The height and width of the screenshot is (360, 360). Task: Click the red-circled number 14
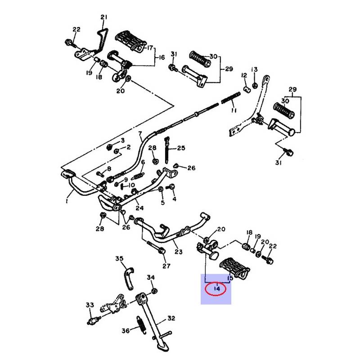pos(217,289)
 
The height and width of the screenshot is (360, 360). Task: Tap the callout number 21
pos(104,18)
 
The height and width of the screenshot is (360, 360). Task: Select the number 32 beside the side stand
pos(171,319)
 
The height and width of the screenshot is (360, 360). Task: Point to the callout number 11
pos(233,110)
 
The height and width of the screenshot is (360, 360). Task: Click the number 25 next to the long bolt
pos(180,148)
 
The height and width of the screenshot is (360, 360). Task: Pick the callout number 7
pos(140,134)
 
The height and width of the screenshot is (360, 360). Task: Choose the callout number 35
pos(119,258)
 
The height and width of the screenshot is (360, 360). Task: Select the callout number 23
pos(179,252)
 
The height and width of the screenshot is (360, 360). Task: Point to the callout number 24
pos(139,208)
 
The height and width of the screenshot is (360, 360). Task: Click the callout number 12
pos(244,75)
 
